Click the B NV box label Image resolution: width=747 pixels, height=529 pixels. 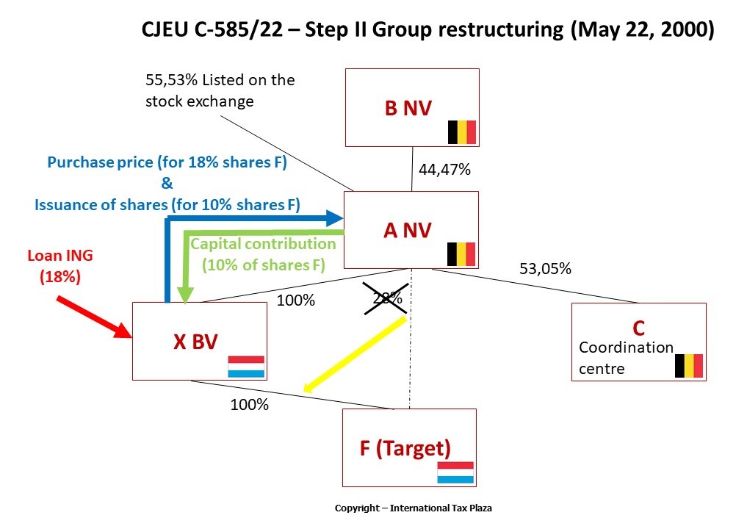(x=408, y=108)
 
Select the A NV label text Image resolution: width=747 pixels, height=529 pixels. (x=408, y=230)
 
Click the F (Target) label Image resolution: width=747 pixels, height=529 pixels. (x=405, y=447)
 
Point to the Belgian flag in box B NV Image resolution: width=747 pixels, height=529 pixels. (x=462, y=132)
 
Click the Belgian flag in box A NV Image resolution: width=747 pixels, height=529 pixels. (x=462, y=254)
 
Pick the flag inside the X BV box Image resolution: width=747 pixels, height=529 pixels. (x=245, y=367)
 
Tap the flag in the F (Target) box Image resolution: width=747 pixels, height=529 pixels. (x=455, y=472)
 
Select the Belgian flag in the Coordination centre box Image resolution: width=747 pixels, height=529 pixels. (x=689, y=365)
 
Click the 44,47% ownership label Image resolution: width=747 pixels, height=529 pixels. (x=444, y=170)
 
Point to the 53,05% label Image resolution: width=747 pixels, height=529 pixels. (x=545, y=269)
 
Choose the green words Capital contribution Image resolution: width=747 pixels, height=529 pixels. (x=263, y=243)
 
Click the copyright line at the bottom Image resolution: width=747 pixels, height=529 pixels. (x=418, y=508)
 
